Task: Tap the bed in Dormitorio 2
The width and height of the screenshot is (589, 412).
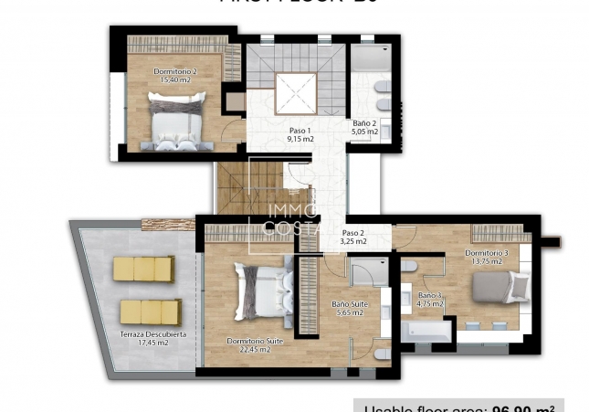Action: point(176,124)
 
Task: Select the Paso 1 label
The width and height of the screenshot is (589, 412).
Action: point(300,130)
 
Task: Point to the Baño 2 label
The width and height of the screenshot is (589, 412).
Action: point(365,123)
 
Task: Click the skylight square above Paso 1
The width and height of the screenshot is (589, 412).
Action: point(296,92)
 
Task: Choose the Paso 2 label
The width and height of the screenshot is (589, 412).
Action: point(353,233)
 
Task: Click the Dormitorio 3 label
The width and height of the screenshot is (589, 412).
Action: point(486,252)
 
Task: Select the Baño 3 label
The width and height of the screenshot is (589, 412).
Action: point(430,296)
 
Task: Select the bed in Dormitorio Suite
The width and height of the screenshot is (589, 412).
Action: point(258,291)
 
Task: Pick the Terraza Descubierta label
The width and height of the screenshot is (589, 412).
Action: point(153,334)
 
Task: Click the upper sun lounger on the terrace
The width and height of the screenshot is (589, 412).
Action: point(143,269)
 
